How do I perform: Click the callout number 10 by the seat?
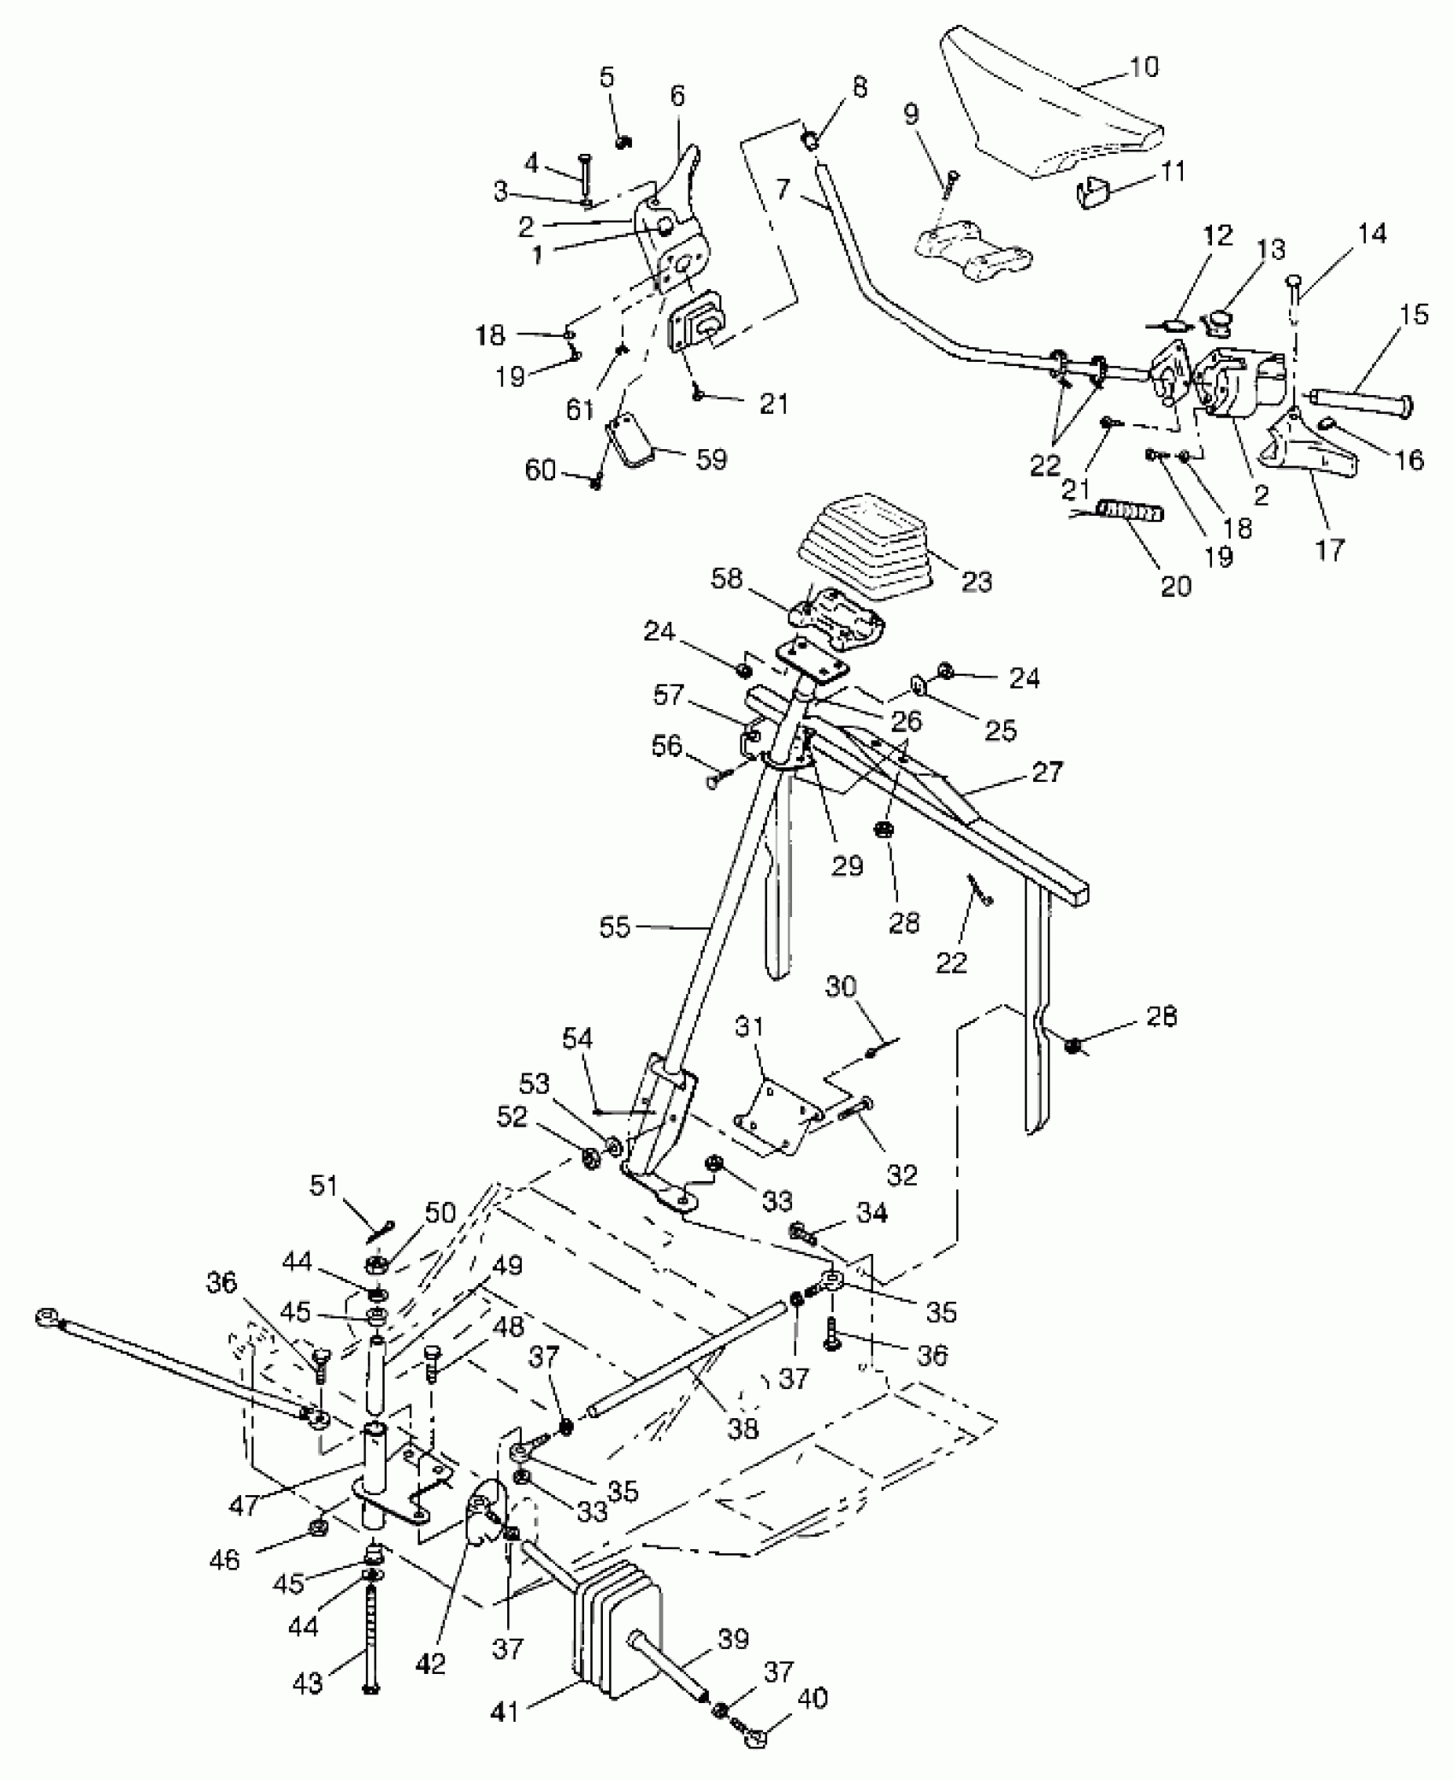(1144, 66)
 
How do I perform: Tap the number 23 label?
(976, 582)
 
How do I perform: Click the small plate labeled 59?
(633, 442)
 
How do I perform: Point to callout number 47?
(245, 1505)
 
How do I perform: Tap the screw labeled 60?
(597, 483)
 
